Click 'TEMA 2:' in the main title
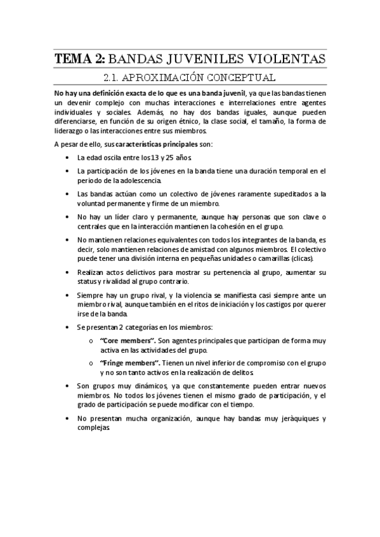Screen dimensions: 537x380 (x=80, y=60)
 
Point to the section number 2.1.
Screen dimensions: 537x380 (x=114, y=79)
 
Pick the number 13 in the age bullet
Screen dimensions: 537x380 (x=157, y=157)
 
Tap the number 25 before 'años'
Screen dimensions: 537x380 (x=174, y=157)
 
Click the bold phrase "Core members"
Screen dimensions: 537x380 (x=127, y=341)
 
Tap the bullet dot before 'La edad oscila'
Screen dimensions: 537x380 (x=67, y=158)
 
